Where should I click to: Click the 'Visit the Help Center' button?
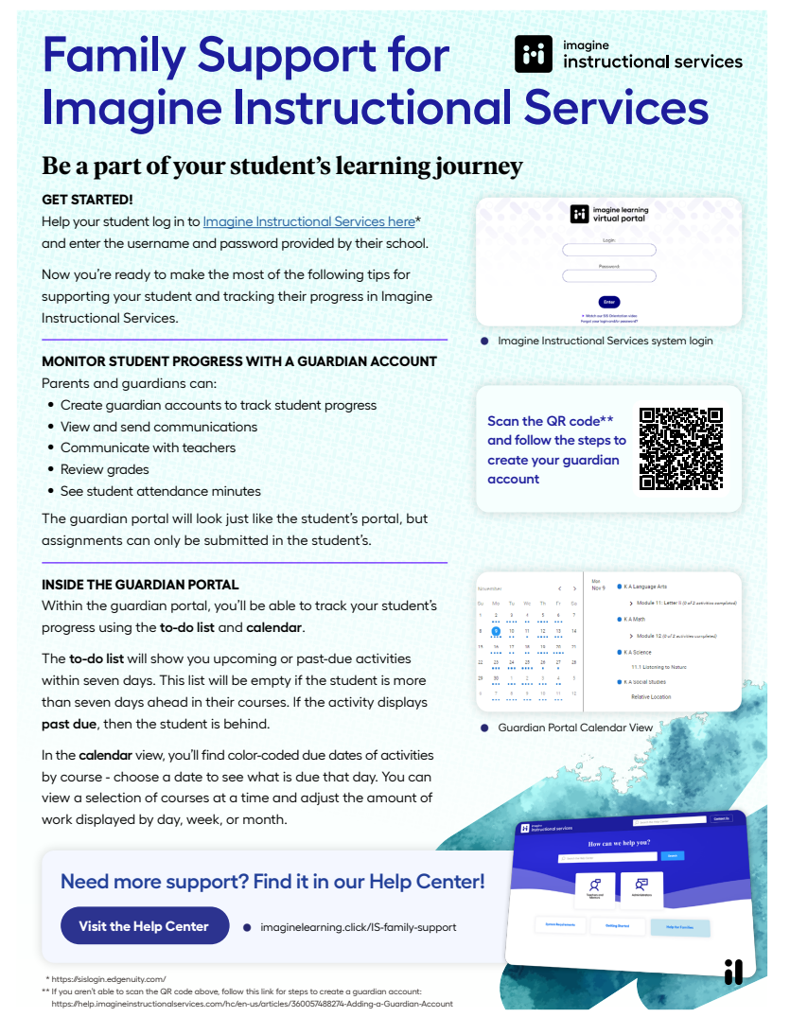(x=144, y=926)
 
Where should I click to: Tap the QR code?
(x=681, y=448)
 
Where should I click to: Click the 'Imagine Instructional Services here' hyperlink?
(x=308, y=221)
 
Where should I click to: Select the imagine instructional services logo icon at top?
(x=533, y=54)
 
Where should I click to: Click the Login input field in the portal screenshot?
(x=609, y=250)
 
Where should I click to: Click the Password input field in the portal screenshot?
(x=609, y=276)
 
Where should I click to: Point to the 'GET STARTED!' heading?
(x=87, y=200)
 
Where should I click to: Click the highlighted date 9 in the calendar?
(x=496, y=631)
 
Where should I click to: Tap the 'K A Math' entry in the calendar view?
(x=635, y=620)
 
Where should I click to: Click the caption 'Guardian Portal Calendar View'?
(x=588, y=728)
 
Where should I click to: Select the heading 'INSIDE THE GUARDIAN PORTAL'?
(x=140, y=585)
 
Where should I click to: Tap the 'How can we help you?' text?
(x=619, y=843)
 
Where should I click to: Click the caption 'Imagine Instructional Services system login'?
(x=606, y=341)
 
